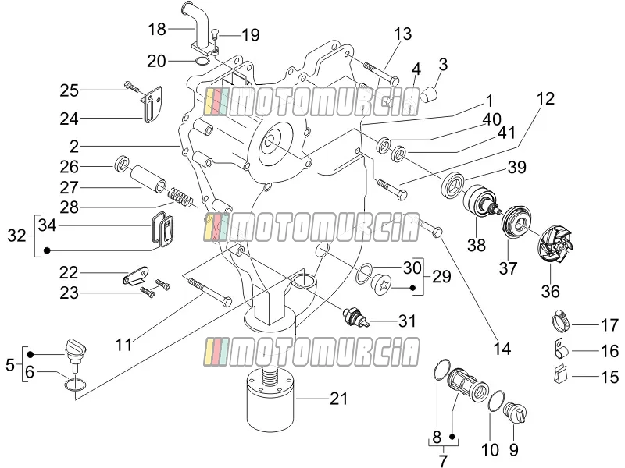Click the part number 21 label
[339, 399]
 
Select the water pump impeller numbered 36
[555, 242]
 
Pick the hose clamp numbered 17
[561, 320]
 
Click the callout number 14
[502, 349]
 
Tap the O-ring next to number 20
[202, 62]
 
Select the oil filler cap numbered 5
[75, 350]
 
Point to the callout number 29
[441, 277]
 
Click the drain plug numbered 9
[516, 413]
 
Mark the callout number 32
[16, 236]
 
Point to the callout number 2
[74, 147]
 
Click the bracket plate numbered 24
[152, 105]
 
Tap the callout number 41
[506, 133]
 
